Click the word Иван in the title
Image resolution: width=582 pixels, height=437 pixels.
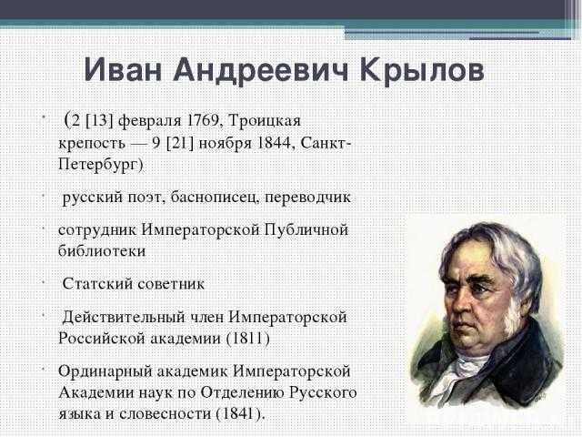124,69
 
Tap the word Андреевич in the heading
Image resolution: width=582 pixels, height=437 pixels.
261,71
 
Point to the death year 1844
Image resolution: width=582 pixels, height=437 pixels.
275,143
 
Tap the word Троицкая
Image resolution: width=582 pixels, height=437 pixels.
264,121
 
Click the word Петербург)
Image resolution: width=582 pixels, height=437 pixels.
101,165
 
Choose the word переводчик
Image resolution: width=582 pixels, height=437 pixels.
307,198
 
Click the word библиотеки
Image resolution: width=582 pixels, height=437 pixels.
102,250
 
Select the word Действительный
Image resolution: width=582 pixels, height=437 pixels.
124,318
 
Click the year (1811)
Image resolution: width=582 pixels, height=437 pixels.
247,339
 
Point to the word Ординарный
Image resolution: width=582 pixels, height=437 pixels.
105,372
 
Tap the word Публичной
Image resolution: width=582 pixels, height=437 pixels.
306,230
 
